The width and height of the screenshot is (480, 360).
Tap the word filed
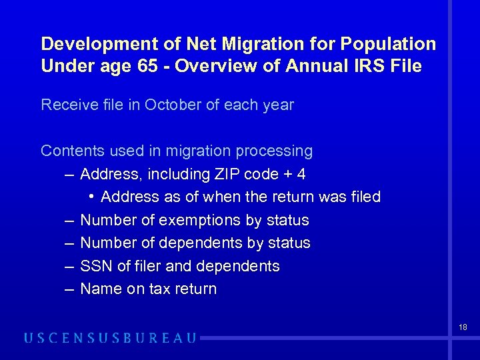[365, 197]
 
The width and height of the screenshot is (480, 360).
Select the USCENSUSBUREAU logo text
[110, 338]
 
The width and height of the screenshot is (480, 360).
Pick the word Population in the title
[389, 45]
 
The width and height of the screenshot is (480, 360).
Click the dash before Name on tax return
[69, 289]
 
